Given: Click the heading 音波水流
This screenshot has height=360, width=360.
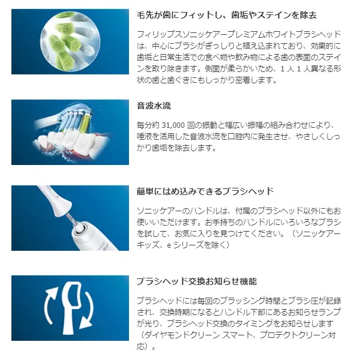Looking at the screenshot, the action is [154, 106].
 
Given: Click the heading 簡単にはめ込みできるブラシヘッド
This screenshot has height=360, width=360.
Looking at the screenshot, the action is [205, 191].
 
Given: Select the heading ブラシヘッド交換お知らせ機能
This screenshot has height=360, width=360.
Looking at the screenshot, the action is [197, 281].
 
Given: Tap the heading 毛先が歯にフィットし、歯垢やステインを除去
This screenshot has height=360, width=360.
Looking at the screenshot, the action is [227, 15].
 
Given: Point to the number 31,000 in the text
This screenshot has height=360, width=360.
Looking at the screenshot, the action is [173, 125].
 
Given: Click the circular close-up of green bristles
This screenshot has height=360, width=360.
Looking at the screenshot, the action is [70, 41].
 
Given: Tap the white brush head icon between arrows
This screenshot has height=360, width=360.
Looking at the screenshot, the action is [72, 308].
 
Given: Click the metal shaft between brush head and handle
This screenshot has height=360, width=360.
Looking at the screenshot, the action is [71, 219].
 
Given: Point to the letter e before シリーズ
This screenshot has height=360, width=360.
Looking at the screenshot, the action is [169, 245].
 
